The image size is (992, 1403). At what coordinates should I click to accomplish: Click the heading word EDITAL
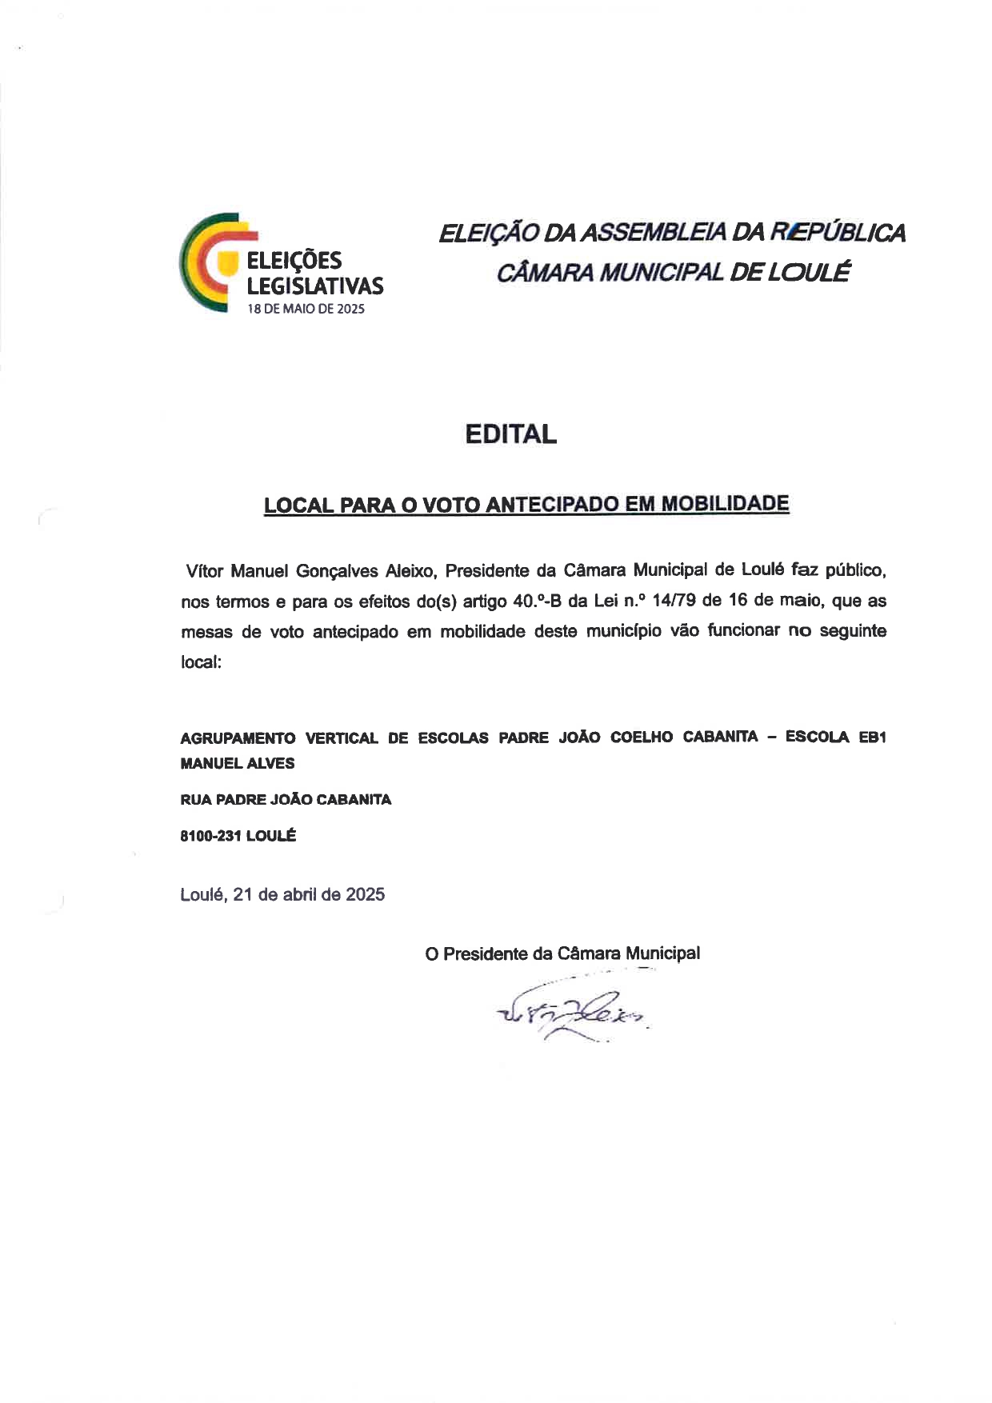click(x=510, y=434)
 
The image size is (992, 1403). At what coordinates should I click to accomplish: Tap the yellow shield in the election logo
click(x=230, y=262)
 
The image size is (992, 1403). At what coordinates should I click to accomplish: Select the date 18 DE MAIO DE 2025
click(x=305, y=310)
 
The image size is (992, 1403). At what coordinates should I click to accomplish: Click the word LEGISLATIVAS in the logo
click(x=314, y=286)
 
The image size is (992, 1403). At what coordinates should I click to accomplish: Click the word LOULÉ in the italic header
click(x=808, y=273)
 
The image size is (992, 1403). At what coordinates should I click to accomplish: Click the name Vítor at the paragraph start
click(x=204, y=571)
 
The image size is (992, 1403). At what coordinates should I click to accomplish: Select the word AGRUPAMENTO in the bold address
click(x=238, y=738)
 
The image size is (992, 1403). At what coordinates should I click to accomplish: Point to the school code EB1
click(x=872, y=737)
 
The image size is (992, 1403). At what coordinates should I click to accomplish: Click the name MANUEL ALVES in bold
click(x=238, y=764)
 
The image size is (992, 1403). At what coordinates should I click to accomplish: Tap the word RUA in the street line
click(x=196, y=800)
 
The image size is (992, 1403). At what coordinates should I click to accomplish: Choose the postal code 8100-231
click(x=211, y=836)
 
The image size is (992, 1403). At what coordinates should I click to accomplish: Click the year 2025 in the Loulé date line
click(x=365, y=894)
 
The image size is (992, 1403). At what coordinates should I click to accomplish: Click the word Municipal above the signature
click(x=662, y=953)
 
